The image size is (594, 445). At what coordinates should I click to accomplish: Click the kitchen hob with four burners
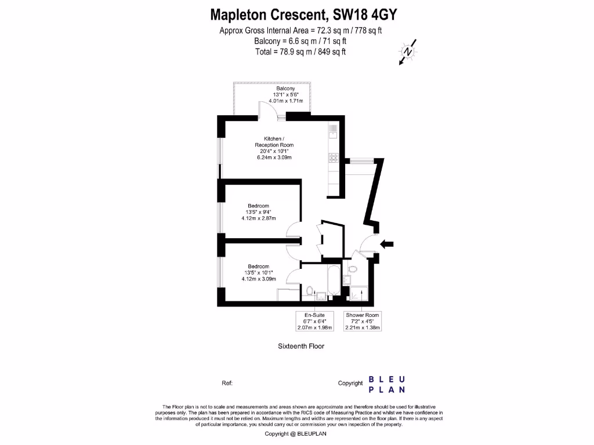pos(334,157)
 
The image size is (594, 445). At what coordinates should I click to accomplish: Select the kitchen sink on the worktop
pos(334,131)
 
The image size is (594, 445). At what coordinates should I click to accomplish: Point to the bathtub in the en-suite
pos(334,282)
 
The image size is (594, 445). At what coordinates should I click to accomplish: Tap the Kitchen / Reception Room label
pos(274,142)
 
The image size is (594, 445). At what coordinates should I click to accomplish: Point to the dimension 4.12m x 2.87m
pos(259,218)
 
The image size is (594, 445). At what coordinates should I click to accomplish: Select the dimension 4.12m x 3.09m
pos(259,279)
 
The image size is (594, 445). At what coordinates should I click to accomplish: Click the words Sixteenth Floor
pos(300,346)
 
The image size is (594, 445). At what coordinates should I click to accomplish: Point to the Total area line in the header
pos(300,52)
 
